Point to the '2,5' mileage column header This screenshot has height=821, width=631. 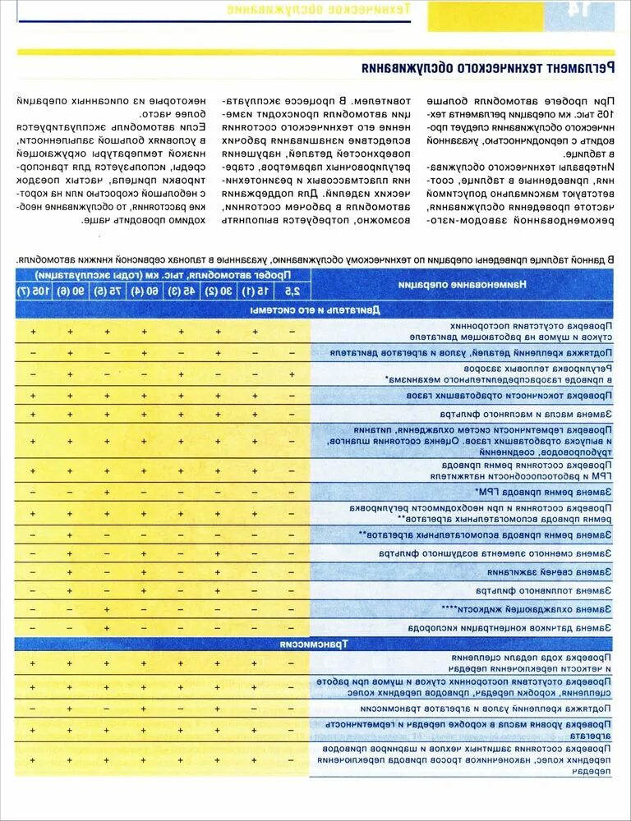pyautogui.click(x=292, y=291)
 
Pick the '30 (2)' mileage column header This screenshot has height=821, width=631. pyautogui.click(x=218, y=291)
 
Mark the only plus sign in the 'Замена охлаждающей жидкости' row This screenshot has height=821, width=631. pyautogui.click(x=107, y=609)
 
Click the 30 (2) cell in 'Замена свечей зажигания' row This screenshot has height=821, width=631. pyautogui.click(x=218, y=571)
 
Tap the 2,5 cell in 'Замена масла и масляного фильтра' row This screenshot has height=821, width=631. pyautogui.click(x=292, y=414)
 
